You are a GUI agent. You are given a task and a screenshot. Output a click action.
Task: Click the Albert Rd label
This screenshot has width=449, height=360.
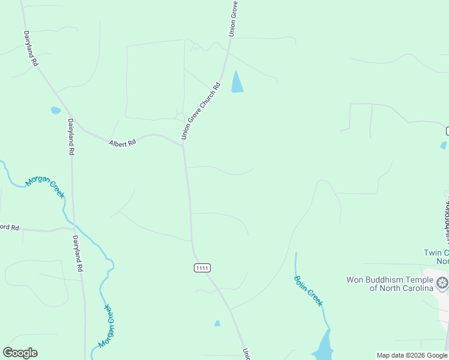122,143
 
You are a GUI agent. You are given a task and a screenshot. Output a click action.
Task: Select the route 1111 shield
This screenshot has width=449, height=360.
202,268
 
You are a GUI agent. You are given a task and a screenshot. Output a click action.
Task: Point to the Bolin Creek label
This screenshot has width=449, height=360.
308,290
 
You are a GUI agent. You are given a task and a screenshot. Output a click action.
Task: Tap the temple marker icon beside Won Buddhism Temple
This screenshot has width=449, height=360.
442,283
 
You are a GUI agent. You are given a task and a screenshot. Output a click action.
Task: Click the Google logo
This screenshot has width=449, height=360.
20,353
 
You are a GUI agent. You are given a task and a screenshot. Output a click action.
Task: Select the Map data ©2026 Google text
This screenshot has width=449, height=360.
412,355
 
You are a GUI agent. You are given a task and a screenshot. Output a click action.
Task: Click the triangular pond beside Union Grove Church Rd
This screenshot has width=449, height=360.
237,83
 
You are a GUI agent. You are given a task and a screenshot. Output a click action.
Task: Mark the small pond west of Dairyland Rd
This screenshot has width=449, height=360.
56,110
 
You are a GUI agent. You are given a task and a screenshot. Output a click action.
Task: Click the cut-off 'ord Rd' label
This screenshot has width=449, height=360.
10,228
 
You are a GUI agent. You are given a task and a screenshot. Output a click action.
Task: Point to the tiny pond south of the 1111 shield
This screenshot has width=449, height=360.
217,324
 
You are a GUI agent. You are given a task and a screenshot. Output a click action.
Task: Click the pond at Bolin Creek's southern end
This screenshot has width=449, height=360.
325,348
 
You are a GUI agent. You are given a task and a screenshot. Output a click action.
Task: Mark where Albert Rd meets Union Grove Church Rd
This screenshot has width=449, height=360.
182,144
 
